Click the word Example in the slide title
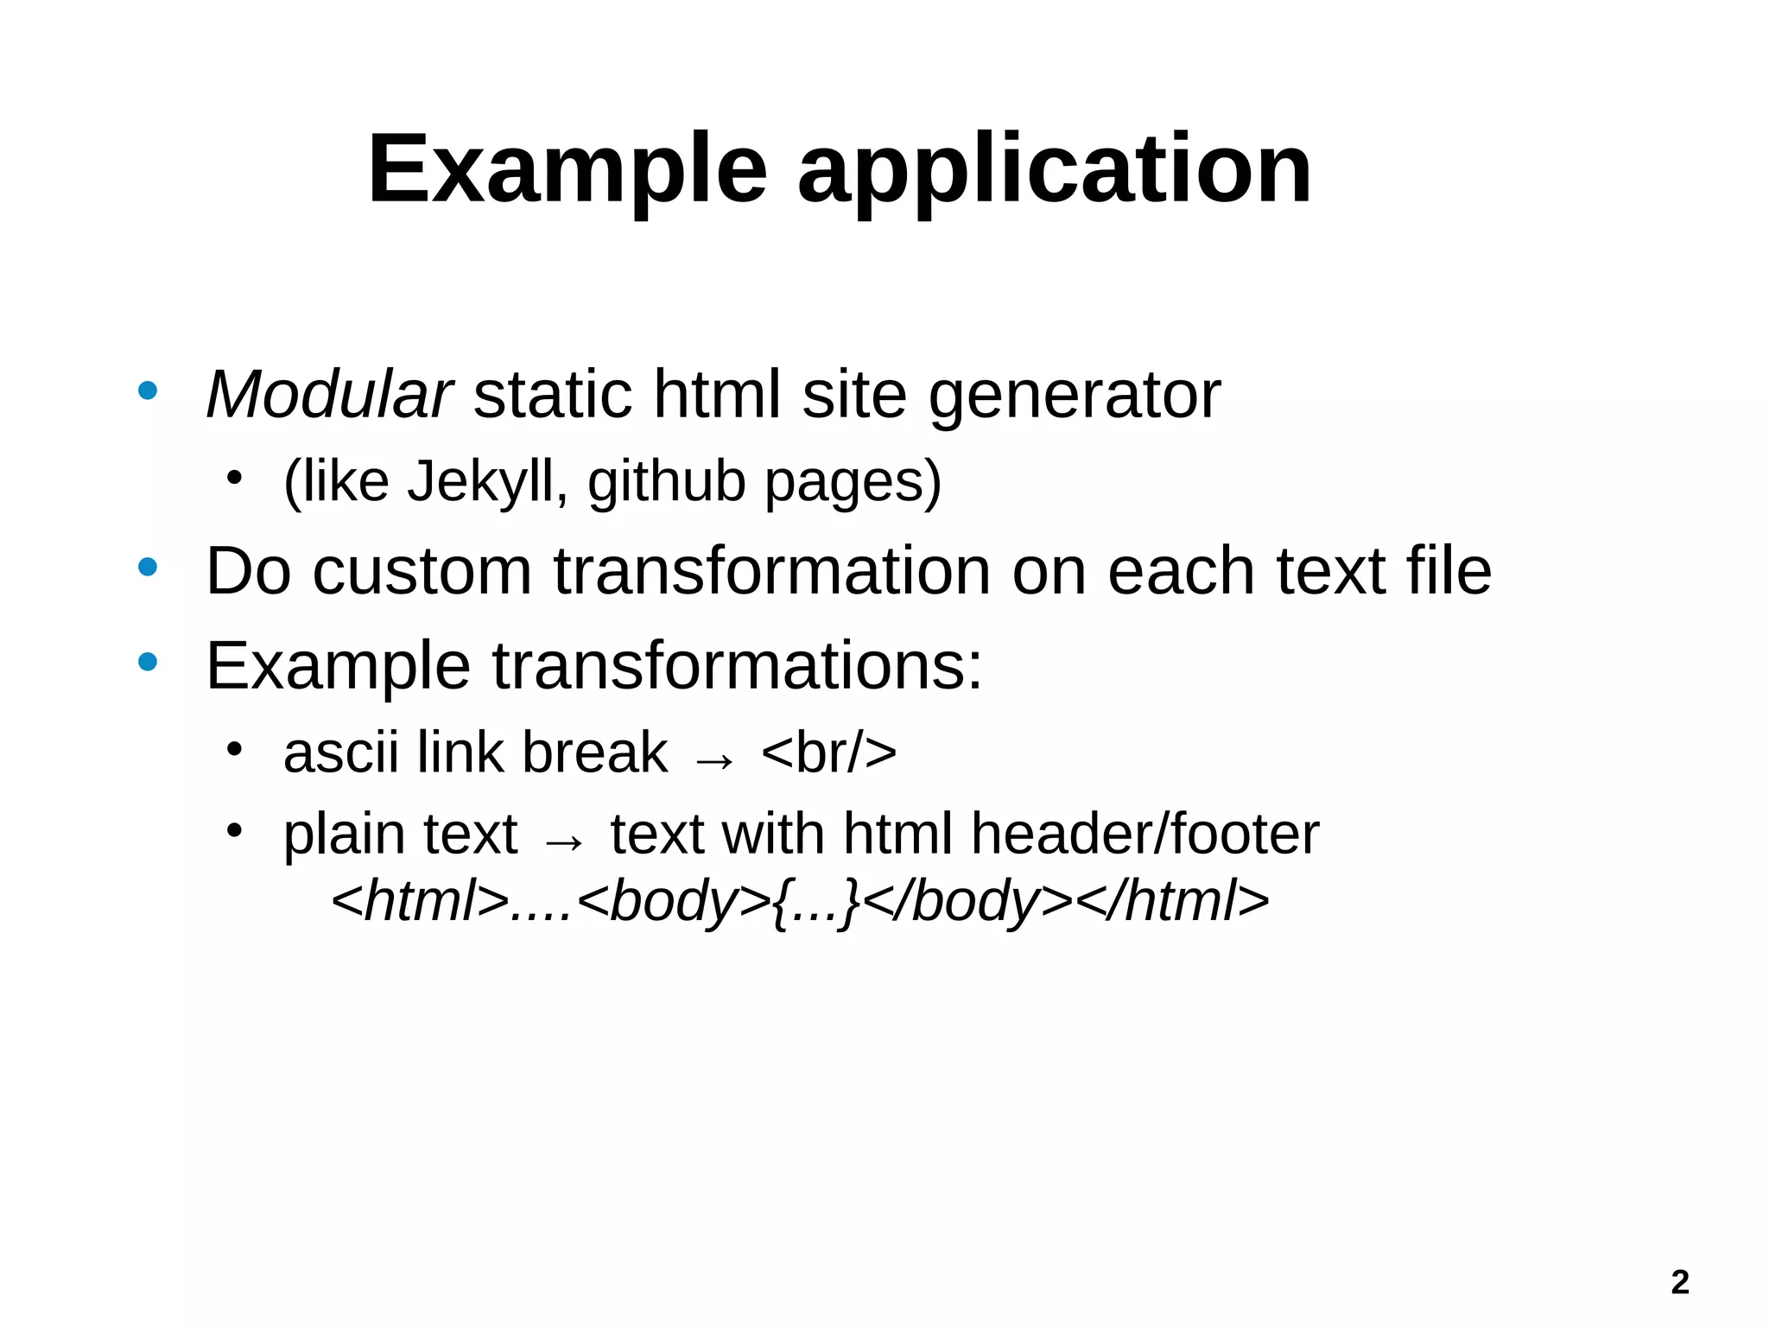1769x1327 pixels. pos(567,169)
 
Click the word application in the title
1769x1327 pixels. pos(1054,169)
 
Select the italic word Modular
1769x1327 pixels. pos(328,395)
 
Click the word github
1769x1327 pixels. pos(666,481)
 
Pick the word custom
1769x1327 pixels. pos(422,572)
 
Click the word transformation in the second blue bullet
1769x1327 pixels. pos(773,572)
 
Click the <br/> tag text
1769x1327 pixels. pos(828,752)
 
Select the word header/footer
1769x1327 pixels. pos(1144,835)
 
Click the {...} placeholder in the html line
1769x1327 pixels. pos(816,901)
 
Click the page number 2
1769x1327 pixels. pos(1679,1282)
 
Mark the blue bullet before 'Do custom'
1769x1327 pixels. pos(148,568)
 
